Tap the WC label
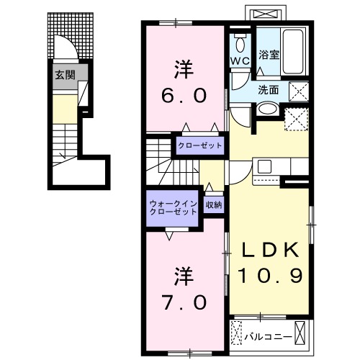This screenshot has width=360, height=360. [240, 61]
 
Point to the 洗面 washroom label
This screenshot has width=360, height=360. [269, 90]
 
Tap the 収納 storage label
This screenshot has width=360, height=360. [214, 205]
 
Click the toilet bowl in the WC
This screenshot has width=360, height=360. [240, 40]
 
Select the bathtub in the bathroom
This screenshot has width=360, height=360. [294, 48]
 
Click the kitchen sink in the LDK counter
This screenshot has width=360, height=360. [265, 167]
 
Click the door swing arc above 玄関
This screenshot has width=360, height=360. [68, 52]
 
